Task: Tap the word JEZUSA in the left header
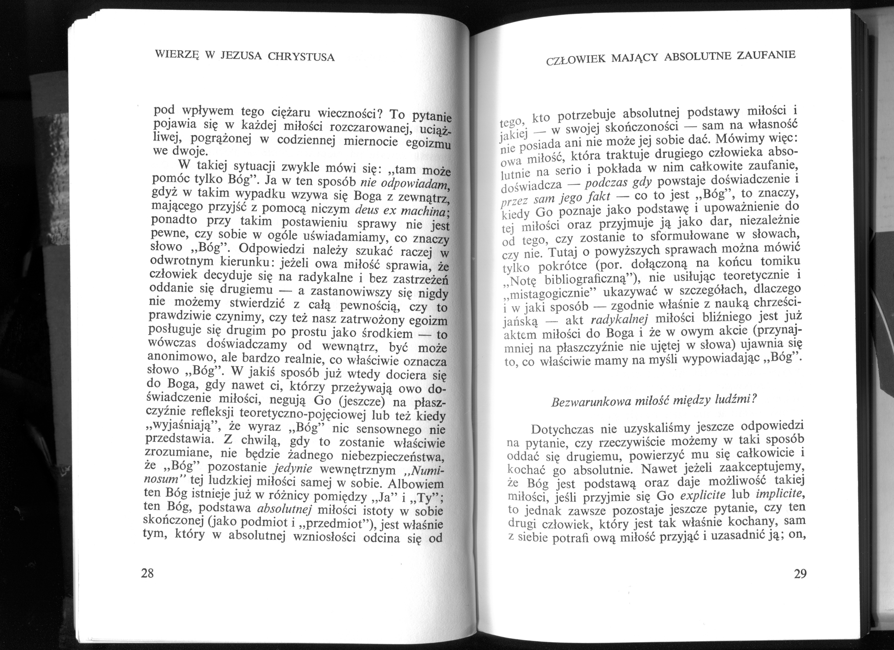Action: click(x=240, y=56)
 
